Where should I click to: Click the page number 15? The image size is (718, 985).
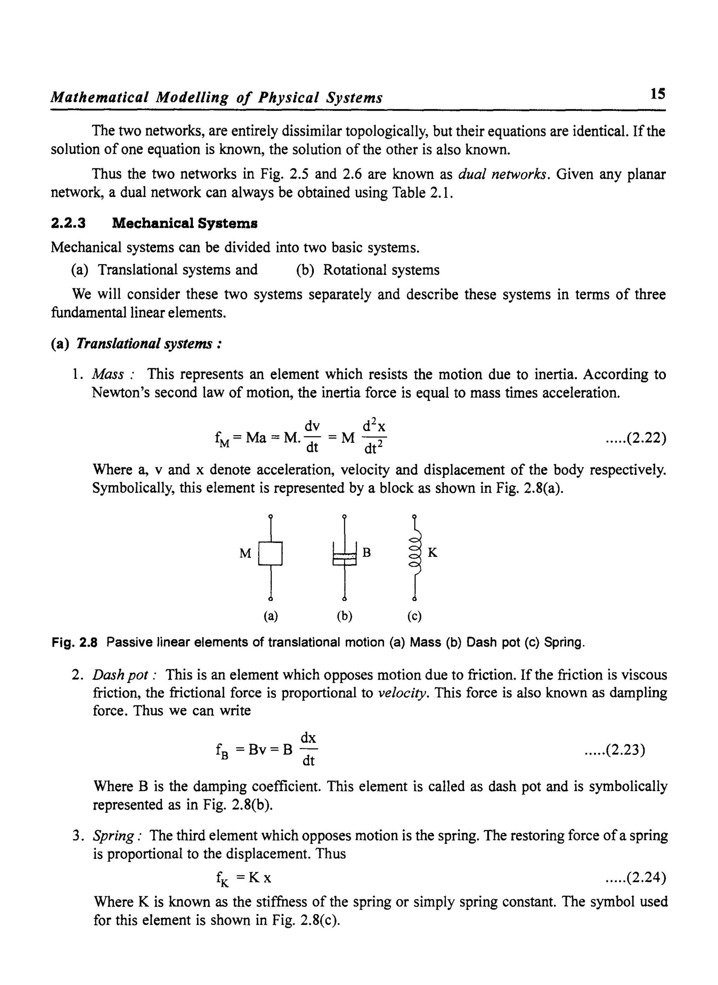[658, 94]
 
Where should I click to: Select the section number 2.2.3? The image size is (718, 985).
[68, 223]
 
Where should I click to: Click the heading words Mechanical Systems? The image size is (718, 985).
[185, 223]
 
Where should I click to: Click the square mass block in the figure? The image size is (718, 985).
[270, 553]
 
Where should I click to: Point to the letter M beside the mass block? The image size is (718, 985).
[245, 553]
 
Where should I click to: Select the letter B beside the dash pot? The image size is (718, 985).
[366, 553]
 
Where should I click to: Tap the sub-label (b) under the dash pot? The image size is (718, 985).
[344, 616]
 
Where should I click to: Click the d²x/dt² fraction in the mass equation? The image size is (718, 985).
[374, 436]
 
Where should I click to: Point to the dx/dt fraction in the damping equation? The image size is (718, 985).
[308, 749]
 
